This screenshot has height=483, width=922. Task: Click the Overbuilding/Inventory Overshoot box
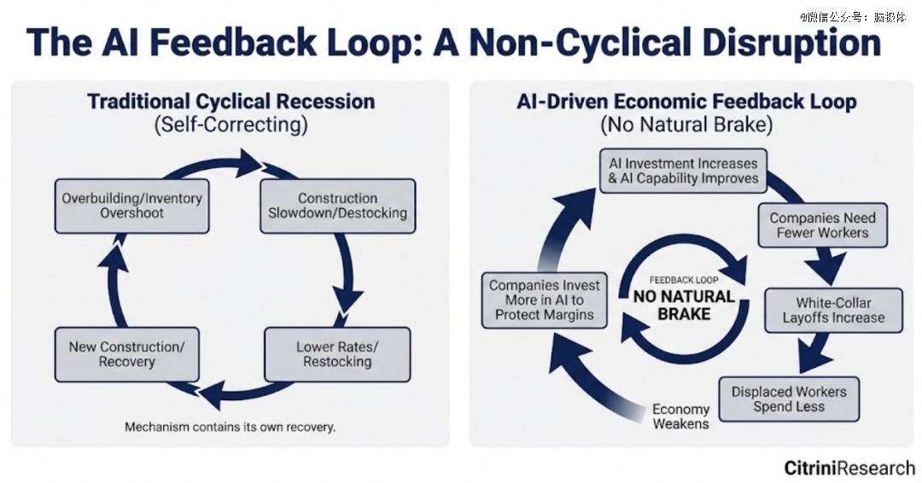pos(131,205)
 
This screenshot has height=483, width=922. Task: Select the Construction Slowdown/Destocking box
pos(337,205)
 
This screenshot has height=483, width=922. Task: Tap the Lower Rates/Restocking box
pos(337,354)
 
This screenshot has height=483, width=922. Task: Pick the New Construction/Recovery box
pos(125,354)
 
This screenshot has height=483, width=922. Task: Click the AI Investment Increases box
pos(682,171)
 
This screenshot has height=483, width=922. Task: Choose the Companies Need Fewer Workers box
pos(822,224)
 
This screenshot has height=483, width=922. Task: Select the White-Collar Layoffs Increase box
pos(833,310)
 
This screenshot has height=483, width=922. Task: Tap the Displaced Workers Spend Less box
pos(788,399)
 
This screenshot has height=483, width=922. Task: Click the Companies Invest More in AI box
pos(544,300)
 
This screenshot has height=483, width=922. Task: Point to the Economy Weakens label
pos(680,416)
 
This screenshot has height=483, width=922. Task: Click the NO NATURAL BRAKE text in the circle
pos(683,305)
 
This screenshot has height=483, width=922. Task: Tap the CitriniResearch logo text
pos(849,467)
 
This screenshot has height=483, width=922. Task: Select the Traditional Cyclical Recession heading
pos(230,102)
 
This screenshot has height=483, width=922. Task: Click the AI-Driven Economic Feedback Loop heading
pos(686,102)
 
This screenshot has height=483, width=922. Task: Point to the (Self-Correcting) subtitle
pos(230,125)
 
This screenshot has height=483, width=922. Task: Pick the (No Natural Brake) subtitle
pos(686,125)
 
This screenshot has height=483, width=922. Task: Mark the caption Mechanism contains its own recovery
pos(230,427)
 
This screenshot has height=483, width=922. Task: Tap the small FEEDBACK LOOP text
pos(682,279)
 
